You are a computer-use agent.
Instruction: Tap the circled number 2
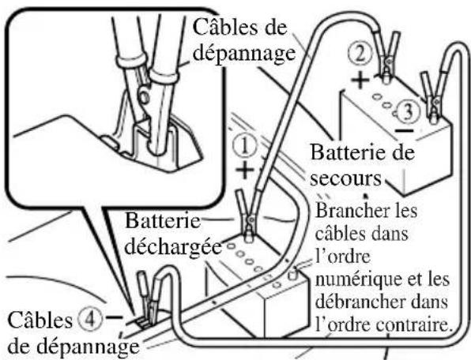(x=360, y=54)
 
